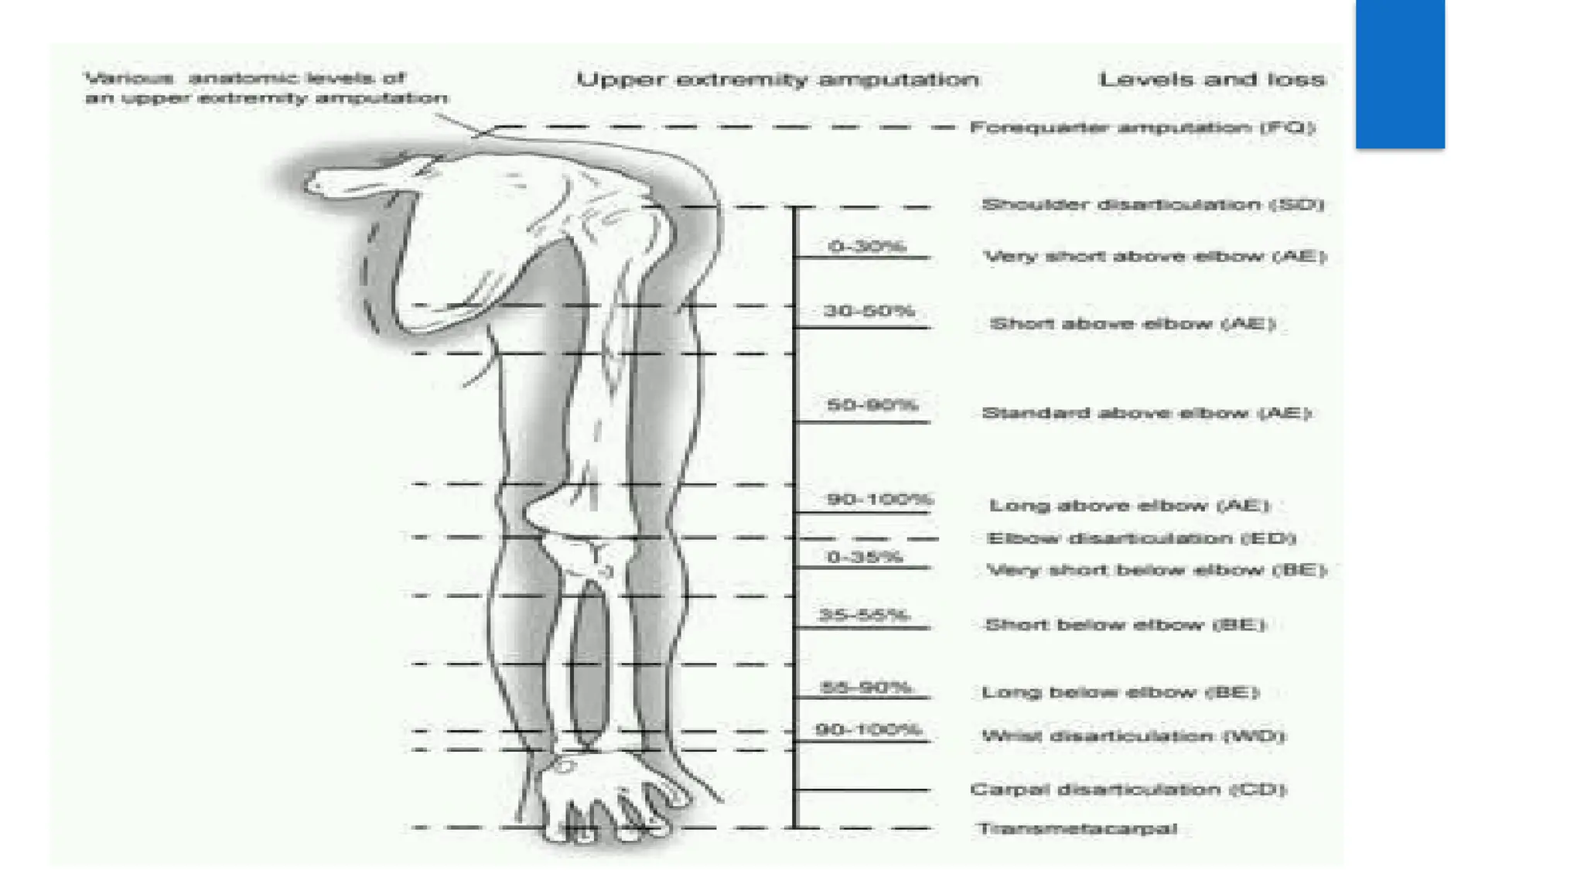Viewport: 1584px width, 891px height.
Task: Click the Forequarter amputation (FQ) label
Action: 1142,128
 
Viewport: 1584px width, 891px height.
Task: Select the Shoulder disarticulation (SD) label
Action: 1152,205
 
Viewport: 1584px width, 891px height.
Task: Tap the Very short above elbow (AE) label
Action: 1155,257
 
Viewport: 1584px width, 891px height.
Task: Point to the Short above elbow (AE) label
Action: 1132,324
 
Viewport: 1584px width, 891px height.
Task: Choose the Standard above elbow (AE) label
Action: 1146,414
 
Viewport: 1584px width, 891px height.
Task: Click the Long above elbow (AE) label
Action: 1130,507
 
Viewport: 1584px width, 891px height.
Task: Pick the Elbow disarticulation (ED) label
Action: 1142,538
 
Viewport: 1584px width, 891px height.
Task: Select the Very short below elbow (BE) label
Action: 1156,571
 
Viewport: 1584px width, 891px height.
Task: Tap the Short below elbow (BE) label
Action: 1125,625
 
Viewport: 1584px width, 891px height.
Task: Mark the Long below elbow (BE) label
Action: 1121,692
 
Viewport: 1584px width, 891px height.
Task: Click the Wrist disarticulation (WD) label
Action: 1133,736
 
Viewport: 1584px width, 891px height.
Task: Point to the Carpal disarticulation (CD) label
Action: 1128,790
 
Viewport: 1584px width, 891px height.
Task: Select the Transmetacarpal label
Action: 1077,829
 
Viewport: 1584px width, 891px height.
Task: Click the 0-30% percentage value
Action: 866,247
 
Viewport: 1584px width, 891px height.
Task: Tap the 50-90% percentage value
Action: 872,405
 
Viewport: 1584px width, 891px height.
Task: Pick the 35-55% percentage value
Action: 863,616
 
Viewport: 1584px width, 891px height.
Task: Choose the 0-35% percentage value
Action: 864,557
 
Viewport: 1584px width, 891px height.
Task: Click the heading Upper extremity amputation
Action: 777,80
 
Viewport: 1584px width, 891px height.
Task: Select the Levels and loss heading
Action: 1211,80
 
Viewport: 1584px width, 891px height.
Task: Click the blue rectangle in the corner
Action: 1399,73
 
